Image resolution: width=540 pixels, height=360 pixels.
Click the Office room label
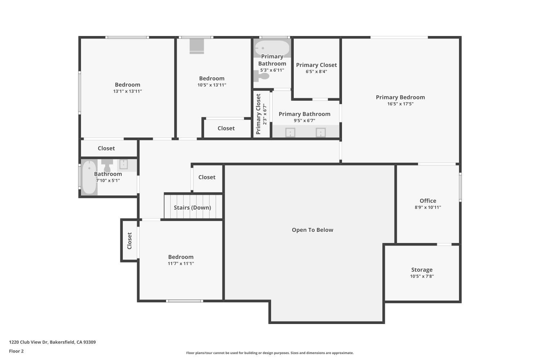tap(428, 201)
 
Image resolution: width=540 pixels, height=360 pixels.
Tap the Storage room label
tap(422, 270)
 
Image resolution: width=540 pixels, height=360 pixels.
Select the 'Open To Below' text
tap(312, 230)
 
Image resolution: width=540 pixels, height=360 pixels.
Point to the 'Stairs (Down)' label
tap(192, 208)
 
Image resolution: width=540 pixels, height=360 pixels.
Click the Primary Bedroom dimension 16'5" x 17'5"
tap(400, 104)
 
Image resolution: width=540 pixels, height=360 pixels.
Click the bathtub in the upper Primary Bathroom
tap(272, 48)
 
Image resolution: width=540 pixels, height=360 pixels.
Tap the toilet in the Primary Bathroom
tap(262, 76)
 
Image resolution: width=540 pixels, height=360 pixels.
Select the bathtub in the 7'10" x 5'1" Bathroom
tap(89, 177)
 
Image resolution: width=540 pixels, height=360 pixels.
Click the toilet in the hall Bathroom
tap(107, 166)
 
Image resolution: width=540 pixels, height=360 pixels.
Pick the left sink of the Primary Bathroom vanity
tap(290, 132)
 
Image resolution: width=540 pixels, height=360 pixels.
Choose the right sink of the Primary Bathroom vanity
tap(321, 132)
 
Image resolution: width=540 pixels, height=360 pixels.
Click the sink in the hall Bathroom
tap(123, 164)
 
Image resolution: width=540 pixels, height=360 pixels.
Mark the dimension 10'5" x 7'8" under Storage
tap(422, 276)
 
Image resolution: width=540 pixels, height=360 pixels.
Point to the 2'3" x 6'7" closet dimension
tap(265, 114)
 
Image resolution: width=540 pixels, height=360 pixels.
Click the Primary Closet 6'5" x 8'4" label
tap(316, 65)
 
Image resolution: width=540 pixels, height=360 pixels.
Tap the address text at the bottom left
tap(53, 342)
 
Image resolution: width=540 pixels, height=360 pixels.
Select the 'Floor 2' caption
tap(16, 351)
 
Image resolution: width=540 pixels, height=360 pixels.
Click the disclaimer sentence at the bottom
tap(270, 353)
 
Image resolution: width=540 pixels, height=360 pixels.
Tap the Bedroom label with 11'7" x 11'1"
tap(181, 257)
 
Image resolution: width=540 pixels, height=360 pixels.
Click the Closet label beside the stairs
tap(207, 177)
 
